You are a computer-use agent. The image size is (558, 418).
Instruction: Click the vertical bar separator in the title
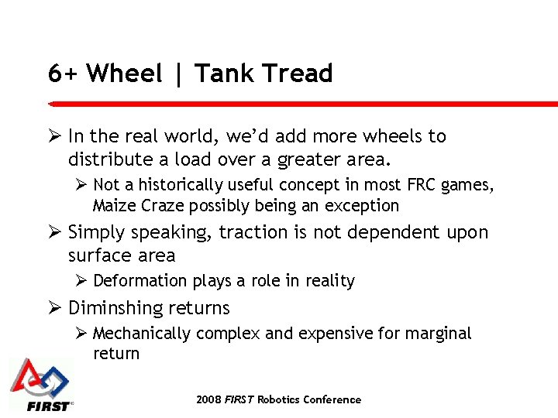click(x=179, y=74)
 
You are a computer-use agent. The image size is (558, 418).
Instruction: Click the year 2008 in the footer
click(x=208, y=399)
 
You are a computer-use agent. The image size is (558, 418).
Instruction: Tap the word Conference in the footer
click(x=331, y=399)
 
